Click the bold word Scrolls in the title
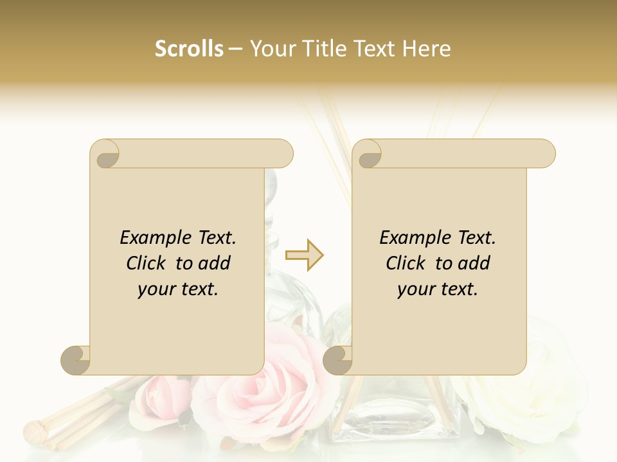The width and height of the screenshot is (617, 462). click(189, 49)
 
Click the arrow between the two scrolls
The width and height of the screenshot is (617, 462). click(304, 255)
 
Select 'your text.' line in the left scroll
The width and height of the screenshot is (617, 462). click(178, 289)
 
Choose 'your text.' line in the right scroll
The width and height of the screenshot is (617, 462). click(438, 289)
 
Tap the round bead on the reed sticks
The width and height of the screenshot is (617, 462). click(33, 428)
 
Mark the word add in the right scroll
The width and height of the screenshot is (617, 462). click(476, 263)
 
